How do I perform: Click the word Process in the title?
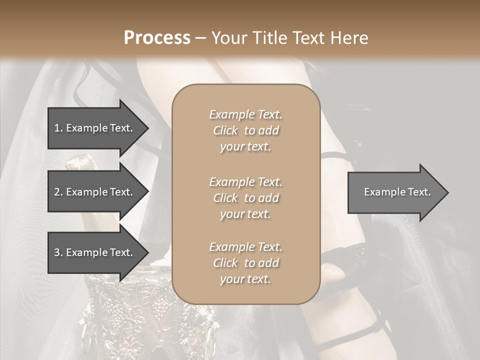click(x=157, y=38)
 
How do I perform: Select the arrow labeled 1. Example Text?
click(x=95, y=128)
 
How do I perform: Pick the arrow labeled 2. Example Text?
click(x=95, y=192)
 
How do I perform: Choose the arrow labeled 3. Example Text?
click(x=95, y=252)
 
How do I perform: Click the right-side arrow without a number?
click(x=395, y=192)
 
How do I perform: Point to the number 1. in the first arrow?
click(x=58, y=128)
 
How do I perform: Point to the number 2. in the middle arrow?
click(x=58, y=192)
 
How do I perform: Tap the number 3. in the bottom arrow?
click(x=58, y=252)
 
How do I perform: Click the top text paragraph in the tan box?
click(x=245, y=130)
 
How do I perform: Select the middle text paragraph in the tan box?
click(x=245, y=197)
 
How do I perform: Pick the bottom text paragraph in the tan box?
click(x=245, y=263)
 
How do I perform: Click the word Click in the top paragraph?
click(x=225, y=130)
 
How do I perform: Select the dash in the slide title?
click(x=201, y=38)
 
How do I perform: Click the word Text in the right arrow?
click(x=420, y=192)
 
